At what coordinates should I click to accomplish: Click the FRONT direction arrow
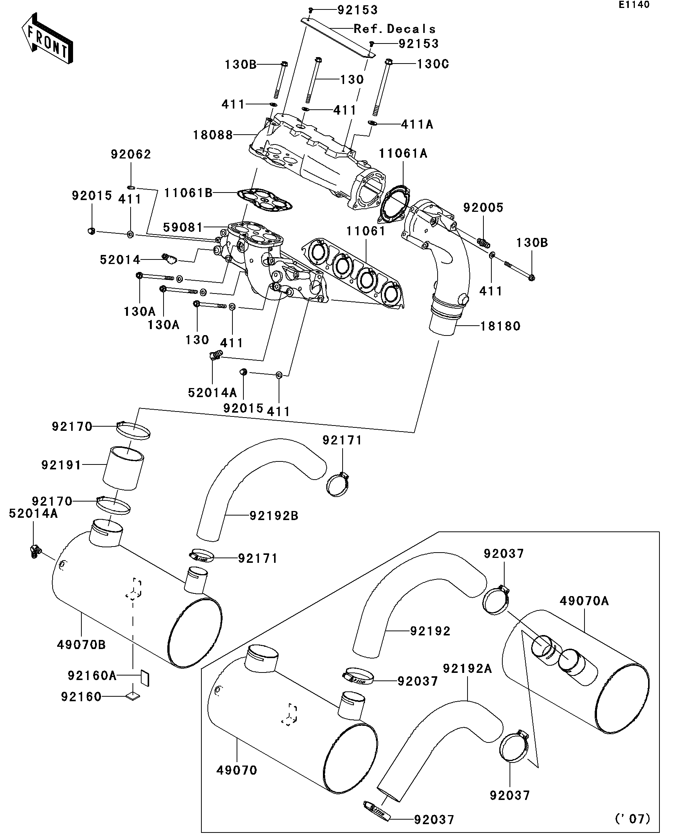pyautogui.click(x=47, y=39)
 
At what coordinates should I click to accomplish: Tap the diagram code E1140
pyautogui.click(x=634, y=5)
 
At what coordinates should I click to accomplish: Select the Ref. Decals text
pyautogui.click(x=394, y=29)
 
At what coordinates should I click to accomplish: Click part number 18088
pyautogui.click(x=213, y=135)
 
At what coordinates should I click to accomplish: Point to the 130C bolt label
pyautogui.click(x=432, y=64)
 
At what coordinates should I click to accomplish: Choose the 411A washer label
pyautogui.click(x=417, y=125)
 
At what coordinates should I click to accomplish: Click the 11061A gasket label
pyautogui.click(x=403, y=153)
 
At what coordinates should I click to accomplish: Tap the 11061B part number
pyautogui.click(x=189, y=193)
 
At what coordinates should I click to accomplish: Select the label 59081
pyautogui.click(x=183, y=228)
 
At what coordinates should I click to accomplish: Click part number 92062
pyautogui.click(x=131, y=154)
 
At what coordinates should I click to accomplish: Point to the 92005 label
pyautogui.click(x=483, y=207)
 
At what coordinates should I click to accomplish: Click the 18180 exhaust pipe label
pyautogui.click(x=500, y=326)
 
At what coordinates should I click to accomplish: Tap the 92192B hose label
pyautogui.click(x=274, y=516)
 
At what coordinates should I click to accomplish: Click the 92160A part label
pyautogui.click(x=92, y=676)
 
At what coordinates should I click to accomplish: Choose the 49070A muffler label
pyautogui.click(x=584, y=601)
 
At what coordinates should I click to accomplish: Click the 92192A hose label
pyautogui.click(x=468, y=669)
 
